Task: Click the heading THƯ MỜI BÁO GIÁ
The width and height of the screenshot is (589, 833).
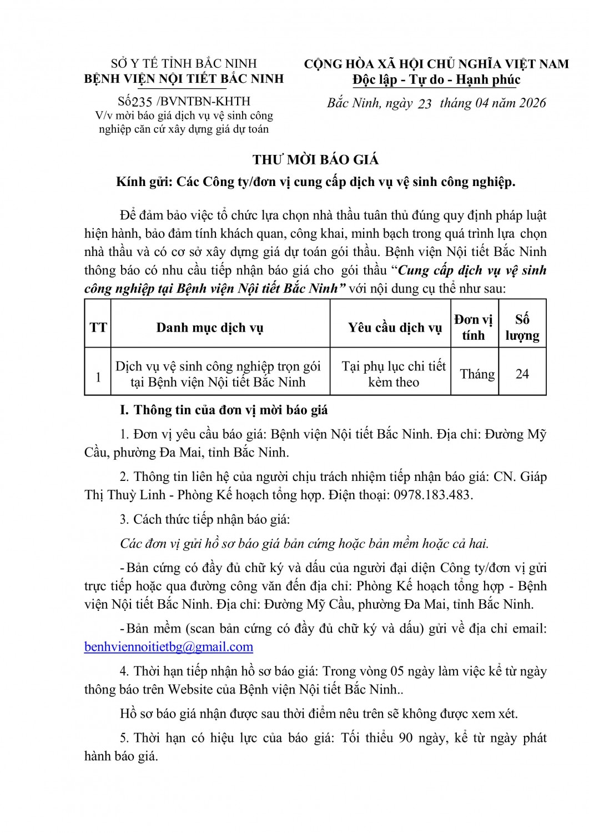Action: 315,160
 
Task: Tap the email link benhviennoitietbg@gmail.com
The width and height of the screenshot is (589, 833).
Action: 169,646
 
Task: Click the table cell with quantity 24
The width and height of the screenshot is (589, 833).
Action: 522,374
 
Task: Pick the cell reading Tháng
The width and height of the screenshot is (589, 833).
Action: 477,374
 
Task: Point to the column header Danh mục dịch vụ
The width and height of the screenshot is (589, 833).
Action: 209,328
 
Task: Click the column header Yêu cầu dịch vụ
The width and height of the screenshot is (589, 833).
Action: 395,328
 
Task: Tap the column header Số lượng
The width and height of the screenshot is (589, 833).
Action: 522,328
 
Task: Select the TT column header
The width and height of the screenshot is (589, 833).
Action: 98,328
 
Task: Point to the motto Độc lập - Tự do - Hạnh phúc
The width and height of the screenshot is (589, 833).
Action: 436,80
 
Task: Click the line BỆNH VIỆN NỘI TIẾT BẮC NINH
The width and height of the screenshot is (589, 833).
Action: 183,78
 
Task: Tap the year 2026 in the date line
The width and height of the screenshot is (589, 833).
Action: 531,103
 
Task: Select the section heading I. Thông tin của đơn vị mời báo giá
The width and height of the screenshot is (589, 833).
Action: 224,410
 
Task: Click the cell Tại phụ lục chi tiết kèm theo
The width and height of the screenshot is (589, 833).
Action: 394,374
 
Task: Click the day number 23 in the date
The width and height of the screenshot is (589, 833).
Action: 424,104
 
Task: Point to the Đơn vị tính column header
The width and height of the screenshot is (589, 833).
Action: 473,328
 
